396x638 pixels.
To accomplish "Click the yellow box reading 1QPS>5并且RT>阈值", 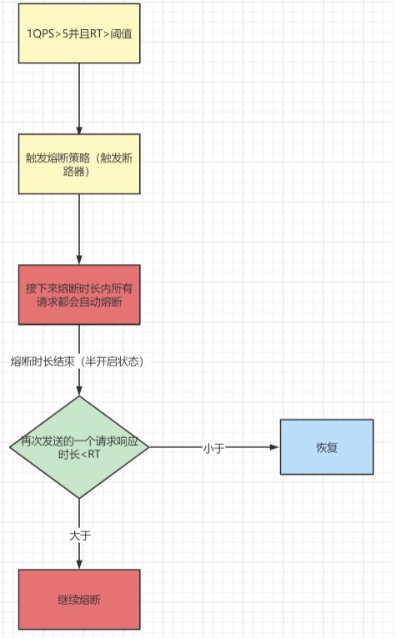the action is pyautogui.click(x=79, y=33).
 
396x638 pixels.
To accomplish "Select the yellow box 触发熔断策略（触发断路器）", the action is pyautogui.click(x=79, y=163).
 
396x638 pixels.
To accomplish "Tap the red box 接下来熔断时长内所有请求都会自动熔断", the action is pyautogui.click(x=79, y=295).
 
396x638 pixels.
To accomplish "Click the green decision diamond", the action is pyautogui.click(x=79, y=447).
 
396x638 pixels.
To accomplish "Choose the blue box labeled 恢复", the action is pyautogui.click(x=327, y=446).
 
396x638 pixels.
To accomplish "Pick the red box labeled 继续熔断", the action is pyautogui.click(x=79, y=600).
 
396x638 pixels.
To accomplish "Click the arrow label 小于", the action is pyautogui.click(x=214, y=448).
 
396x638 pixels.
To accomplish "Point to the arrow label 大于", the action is pyautogui.click(x=80, y=536).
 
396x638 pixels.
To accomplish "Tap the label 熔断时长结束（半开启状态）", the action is pyautogui.click(x=77, y=361).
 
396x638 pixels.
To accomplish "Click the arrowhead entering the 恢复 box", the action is pyautogui.click(x=275, y=447).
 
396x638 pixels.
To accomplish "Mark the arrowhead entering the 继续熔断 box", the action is pyautogui.click(x=79, y=564).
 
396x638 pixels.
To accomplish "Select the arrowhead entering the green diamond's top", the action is pyautogui.click(x=79, y=391).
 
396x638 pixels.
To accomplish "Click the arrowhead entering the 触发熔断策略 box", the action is pyautogui.click(x=79, y=129).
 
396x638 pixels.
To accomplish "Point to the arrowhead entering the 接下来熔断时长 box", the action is pyautogui.click(x=79, y=260).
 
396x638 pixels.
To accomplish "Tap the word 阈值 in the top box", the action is pyautogui.click(x=121, y=34).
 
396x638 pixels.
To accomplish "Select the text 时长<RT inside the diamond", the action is pyautogui.click(x=79, y=454).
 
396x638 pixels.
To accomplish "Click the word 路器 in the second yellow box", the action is pyautogui.click(x=73, y=172).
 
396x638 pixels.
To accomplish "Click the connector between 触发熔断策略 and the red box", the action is pyautogui.click(x=79, y=230).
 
